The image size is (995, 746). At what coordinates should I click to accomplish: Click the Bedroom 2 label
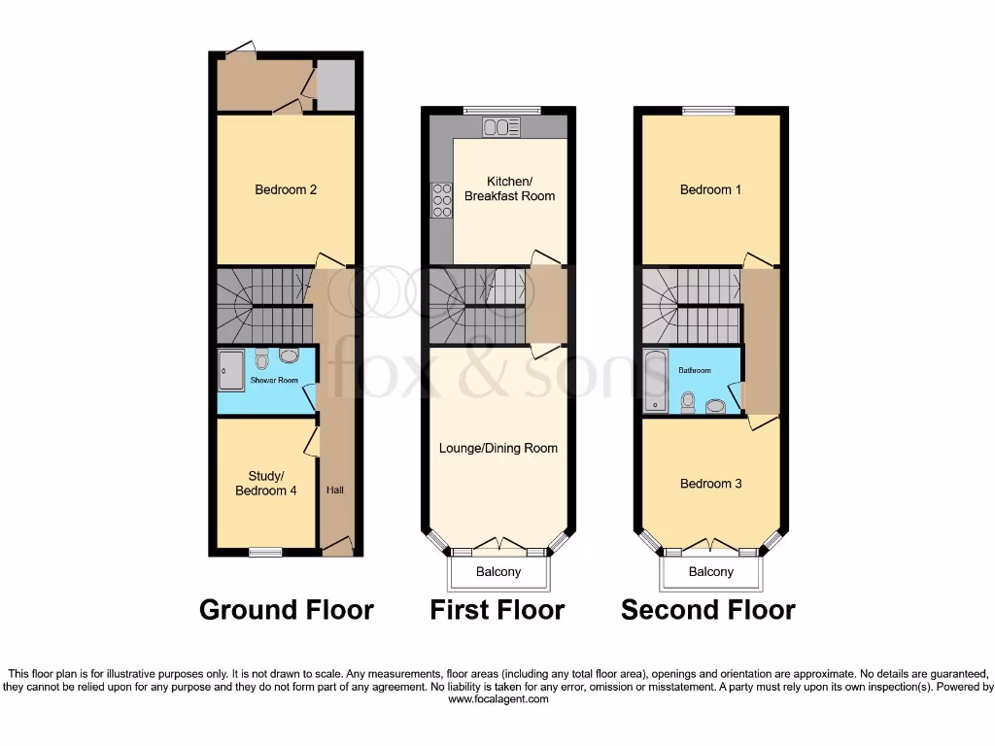point(286,189)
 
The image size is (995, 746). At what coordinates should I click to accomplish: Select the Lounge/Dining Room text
point(498,448)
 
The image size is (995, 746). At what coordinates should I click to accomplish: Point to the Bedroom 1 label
point(710,189)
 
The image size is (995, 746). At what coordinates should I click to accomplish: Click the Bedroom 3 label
point(710,484)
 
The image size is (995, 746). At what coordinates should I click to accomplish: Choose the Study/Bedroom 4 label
point(266,483)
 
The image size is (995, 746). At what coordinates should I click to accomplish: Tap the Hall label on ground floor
point(335,490)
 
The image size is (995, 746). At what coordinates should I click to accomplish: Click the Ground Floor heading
point(286,610)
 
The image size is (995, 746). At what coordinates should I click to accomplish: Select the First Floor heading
point(497,610)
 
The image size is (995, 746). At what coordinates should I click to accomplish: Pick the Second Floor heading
point(707,610)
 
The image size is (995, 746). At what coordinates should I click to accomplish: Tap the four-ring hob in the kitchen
point(441,200)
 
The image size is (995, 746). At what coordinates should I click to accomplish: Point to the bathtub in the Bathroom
point(655,381)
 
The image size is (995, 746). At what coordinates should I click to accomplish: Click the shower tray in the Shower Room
point(231,370)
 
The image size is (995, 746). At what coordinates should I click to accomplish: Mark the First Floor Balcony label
point(497,572)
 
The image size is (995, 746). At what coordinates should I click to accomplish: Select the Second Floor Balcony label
point(710,572)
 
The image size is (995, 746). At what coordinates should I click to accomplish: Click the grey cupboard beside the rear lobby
point(336,85)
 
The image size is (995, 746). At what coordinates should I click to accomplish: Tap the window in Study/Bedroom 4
point(265,553)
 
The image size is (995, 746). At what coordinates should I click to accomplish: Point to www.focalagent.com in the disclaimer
point(497,698)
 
